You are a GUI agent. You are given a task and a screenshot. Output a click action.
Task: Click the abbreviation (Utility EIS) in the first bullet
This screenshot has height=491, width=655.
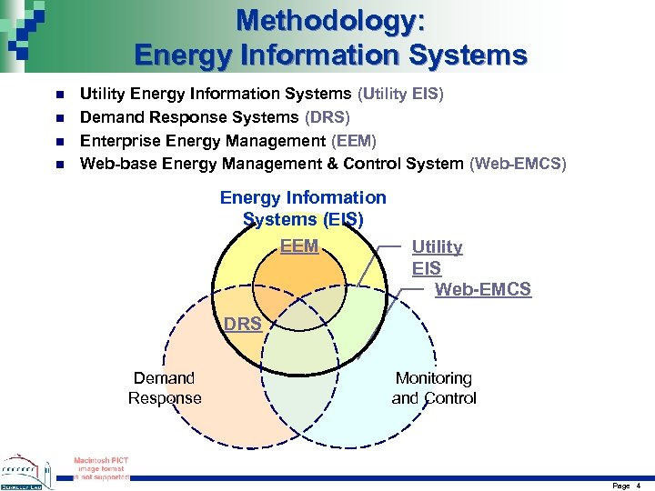pos(399,94)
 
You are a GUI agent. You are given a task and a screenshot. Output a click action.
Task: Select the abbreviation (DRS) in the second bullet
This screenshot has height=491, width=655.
pos(327,117)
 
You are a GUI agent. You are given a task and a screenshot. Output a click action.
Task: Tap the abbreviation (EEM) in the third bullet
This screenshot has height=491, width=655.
pos(354,141)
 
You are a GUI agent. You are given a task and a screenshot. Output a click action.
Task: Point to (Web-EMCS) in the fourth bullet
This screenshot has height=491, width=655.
pos(517,164)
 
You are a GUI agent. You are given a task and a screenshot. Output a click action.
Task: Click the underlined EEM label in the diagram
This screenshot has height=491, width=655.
pos(299,246)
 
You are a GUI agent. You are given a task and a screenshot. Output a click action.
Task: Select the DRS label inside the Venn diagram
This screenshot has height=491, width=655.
pos(243,324)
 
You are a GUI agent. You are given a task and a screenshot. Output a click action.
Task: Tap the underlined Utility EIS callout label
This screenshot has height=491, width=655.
pos(437,257)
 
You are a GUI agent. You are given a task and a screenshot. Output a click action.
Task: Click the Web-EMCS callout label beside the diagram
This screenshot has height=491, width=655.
pos(482,289)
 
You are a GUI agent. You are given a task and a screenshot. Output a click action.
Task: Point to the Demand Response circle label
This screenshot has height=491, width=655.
pos(165,388)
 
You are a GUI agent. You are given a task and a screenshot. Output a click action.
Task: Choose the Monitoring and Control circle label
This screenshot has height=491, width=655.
pos(433,388)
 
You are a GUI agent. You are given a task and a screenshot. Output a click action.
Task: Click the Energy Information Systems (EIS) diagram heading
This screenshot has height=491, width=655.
pos(303,208)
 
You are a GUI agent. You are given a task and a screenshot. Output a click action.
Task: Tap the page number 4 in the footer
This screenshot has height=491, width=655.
pos(639,486)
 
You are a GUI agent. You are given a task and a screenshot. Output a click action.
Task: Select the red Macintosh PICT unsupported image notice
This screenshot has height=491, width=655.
pos(101,467)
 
